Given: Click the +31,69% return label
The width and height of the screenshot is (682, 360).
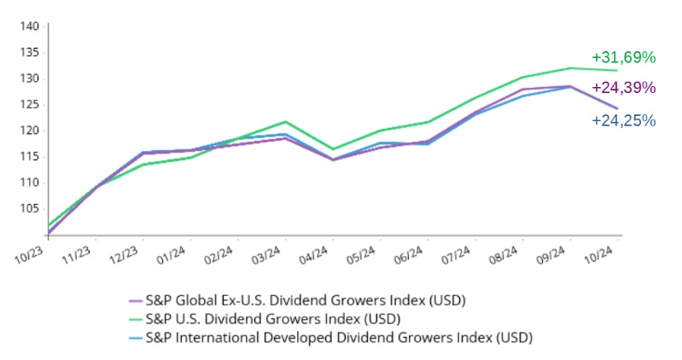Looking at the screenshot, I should point(623,58).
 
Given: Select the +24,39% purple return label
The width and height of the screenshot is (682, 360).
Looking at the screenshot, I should point(623,88).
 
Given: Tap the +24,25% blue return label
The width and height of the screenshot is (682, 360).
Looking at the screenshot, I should point(623,120).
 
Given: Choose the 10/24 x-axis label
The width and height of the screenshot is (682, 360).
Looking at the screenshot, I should point(597,253).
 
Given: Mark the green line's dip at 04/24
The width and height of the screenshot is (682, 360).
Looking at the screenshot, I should point(332,149).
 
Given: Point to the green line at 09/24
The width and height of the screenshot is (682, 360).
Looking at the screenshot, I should point(569,68).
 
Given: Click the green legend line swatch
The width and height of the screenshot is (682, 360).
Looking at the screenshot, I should point(135,320).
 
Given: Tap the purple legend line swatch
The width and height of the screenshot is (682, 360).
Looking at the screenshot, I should point(135,302).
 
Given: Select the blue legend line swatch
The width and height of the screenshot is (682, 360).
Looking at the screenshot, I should point(135,338).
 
